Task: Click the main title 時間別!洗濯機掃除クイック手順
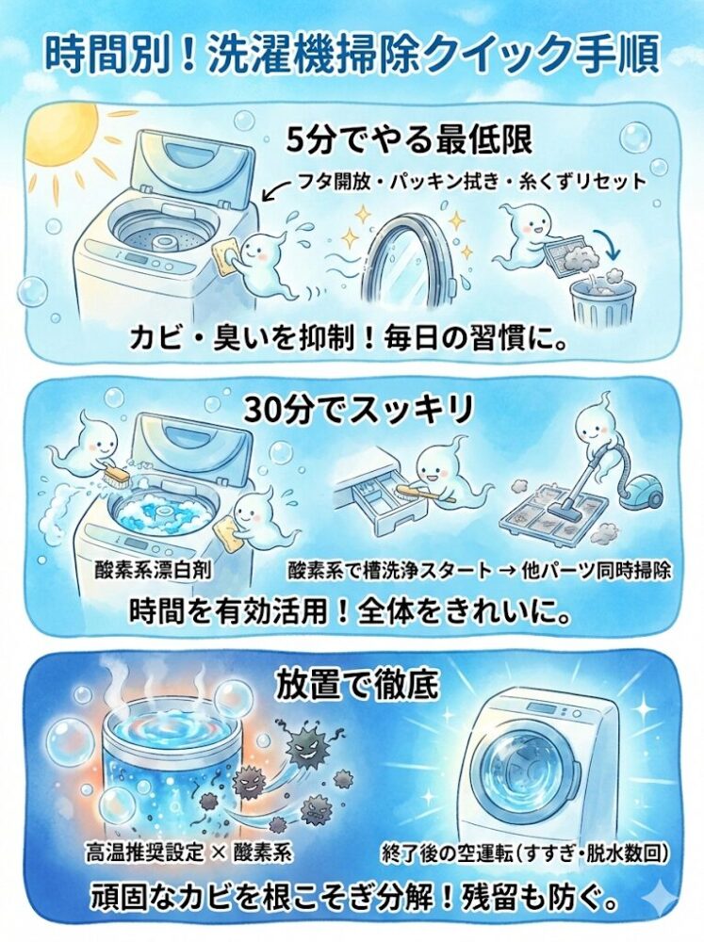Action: pyautogui.click(x=352, y=54)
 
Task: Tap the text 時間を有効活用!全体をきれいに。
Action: pyautogui.click(x=352, y=613)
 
